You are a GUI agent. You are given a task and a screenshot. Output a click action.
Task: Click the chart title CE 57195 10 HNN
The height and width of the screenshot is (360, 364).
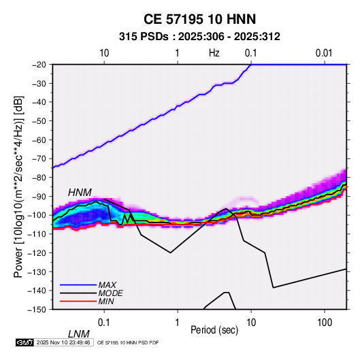199,19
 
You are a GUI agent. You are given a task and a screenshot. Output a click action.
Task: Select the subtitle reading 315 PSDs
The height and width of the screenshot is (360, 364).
144,37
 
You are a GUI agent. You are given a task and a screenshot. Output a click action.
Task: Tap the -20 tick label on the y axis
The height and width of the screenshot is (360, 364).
39,65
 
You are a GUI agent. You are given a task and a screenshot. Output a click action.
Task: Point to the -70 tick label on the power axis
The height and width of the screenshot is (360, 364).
39,159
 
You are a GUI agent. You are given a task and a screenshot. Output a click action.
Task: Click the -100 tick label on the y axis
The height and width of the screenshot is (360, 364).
37,215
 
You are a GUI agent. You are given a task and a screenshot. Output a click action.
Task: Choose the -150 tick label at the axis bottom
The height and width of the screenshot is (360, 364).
37,310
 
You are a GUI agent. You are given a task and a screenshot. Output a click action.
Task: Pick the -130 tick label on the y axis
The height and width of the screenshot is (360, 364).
37,272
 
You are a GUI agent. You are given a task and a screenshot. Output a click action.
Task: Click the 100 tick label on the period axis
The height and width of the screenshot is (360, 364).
324,323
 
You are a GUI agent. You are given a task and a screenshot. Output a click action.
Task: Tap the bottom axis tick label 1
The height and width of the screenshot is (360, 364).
178,323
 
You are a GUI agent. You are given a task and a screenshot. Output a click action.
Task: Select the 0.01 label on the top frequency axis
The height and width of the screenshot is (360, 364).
324,53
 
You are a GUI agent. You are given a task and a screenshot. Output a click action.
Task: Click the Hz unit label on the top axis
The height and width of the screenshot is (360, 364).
214,53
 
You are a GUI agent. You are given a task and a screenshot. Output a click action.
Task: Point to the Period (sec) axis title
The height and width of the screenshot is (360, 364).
214,330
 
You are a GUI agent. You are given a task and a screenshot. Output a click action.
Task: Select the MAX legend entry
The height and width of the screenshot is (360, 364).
107,285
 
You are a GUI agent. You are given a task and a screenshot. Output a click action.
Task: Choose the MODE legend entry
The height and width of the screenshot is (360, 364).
110,293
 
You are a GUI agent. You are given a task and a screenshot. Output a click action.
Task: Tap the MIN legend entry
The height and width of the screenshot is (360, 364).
106,301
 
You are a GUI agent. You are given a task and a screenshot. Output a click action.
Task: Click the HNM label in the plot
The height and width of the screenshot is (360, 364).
80,193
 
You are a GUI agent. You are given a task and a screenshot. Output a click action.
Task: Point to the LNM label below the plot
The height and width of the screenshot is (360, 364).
79,334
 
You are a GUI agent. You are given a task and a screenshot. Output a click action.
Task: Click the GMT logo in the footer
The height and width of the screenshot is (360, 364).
24,342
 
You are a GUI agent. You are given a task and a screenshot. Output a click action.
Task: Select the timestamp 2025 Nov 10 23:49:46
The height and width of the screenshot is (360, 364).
63,342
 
